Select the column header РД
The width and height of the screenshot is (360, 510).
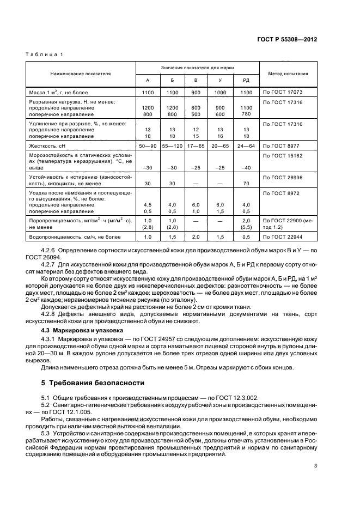point(246,80)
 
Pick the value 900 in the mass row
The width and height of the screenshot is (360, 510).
point(196,93)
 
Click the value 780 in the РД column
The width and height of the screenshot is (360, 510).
point(246,114)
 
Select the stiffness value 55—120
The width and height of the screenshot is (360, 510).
point(172,147)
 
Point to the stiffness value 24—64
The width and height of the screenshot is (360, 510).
point(246,147)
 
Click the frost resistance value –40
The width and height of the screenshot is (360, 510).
point(246,167)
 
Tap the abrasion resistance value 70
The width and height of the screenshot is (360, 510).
point(246,184)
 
